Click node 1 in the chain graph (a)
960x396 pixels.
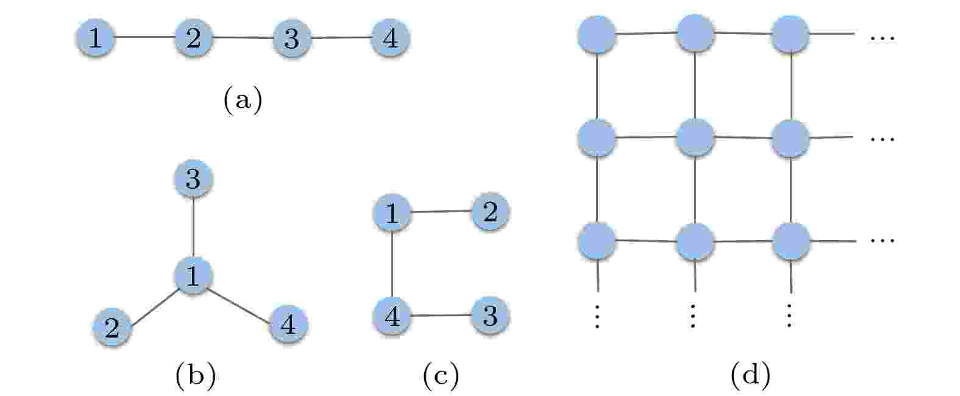pos(96,38)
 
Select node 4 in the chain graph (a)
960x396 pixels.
pos(390,38)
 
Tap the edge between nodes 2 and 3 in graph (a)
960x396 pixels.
pos(243,38)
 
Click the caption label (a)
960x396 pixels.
pos(243,100)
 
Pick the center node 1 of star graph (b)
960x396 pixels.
pos(193,275)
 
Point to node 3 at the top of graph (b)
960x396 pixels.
pos(193,179)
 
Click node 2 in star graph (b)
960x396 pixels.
pos(112,327)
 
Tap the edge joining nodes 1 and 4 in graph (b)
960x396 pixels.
pos(240,306)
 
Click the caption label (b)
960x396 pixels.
pos(196,375)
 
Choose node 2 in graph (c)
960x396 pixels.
pos(490,211)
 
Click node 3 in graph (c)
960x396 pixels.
pos(490,316)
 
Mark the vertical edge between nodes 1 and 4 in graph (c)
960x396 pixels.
pos(392,264)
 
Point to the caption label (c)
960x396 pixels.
pos(441,375)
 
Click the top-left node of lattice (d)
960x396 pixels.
pos(597,34)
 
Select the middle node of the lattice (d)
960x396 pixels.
pos(695,138)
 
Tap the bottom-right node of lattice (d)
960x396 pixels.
pos(791,241)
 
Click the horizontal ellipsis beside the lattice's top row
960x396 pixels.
pos(882,39)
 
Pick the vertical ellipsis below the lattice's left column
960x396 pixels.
pos(597,316)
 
